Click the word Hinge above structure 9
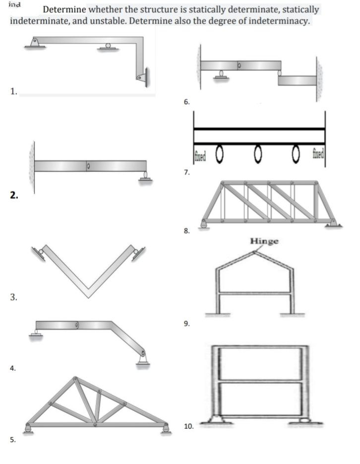[x=264, y=241]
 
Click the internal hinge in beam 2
[x=87, y=165]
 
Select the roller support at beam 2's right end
[x=145, y=176]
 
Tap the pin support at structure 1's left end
[x=35, y=43]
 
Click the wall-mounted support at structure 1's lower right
[x=142, y=76]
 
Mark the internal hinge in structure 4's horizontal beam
[x=77, y=325]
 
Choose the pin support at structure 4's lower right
[x=143, y=360]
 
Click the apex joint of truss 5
[x=75, y=379]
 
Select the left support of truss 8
[x=203, y=224]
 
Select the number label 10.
[x=188, y=426]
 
